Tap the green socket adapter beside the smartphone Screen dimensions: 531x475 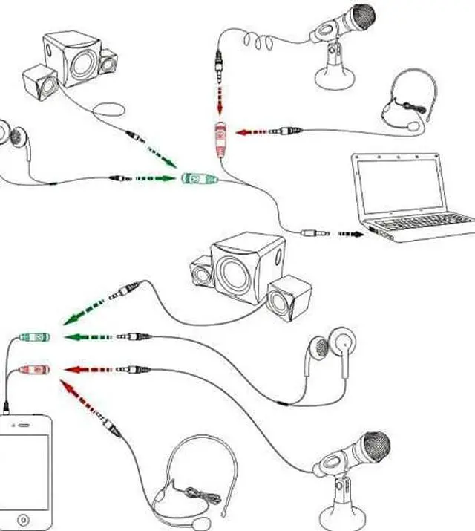coord(33,338)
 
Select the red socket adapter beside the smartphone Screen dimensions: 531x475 coord(33,368)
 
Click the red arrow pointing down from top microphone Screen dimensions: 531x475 coord(220,97)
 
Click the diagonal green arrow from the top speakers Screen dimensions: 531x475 coord(162,154)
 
